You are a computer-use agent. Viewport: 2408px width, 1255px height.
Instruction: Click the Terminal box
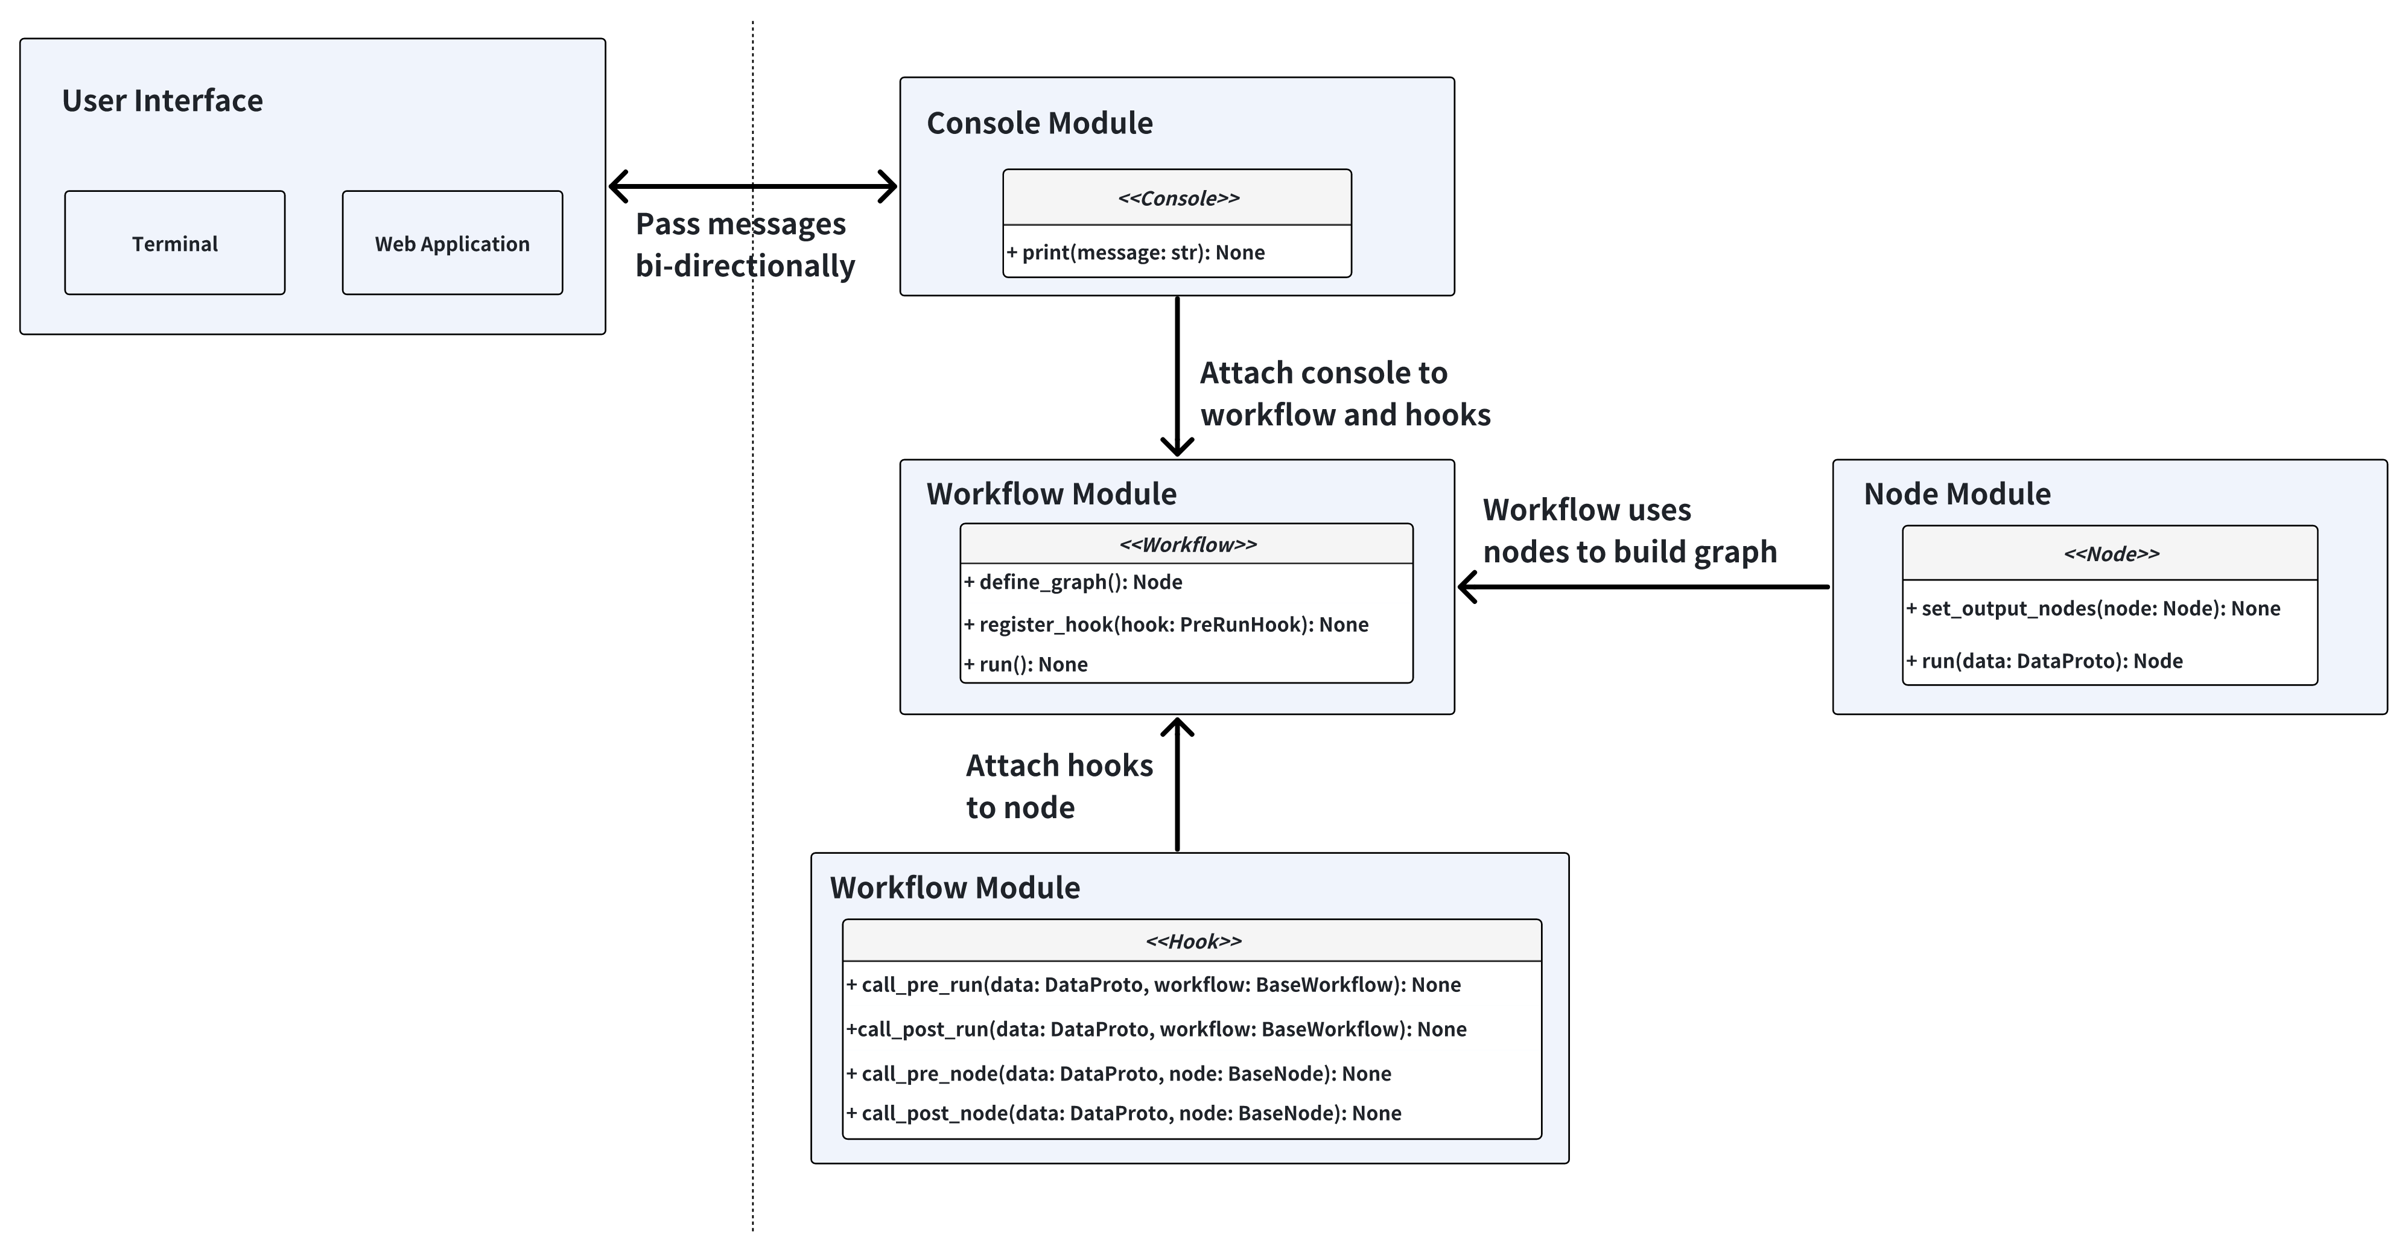[x=175, y=243]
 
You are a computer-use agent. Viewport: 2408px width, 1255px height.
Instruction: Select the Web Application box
[x=453, y=243]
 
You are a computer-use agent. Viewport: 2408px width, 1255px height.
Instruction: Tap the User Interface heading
[x=163, y=100]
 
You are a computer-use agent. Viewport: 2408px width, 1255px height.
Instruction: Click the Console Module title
[x=1040, y=122]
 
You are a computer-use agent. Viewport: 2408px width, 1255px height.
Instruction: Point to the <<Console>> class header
[x=1178, y=198]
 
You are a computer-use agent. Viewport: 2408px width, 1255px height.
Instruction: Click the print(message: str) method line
[x=1137, y=252]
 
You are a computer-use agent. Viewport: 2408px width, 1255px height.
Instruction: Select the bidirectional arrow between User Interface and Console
[x=752, y=186]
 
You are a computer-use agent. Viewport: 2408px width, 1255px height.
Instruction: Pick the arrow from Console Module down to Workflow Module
[x=1177, y=374]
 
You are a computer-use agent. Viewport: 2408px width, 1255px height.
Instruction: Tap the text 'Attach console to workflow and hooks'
[x=1344, y=393]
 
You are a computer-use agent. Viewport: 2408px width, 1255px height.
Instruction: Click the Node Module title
[x=1957, y=494]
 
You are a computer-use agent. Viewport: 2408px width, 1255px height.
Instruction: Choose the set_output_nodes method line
[x=2094, y=608]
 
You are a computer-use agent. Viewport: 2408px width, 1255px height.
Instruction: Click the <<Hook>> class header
[x=1193, y=941]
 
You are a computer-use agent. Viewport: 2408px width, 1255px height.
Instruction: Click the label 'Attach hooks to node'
[x=1059, y=786]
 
